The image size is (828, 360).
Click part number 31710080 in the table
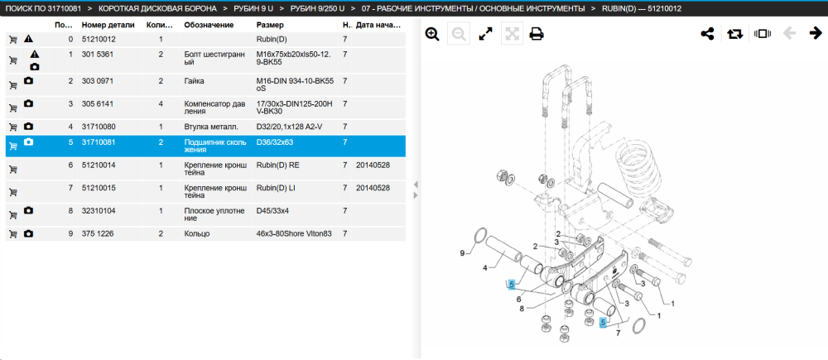pos(99,127)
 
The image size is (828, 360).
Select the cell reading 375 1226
pos(98,233)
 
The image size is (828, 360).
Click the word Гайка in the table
pos(194,81)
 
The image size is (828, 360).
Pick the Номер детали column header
pos(108,25)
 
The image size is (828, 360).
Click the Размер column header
pos(270,25)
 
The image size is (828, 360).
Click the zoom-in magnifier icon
pos(432,34)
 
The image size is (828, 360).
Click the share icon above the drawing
pos(707,34)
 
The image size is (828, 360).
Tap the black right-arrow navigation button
pos(816,34)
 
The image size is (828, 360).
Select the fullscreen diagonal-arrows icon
pos(485,34)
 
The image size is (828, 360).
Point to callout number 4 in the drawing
pos(484,267)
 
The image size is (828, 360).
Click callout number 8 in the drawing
pos(521,309)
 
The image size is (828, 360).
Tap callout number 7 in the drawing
pos(619,333)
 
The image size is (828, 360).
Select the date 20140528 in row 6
pos(373,166)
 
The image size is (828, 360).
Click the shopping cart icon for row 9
pos(13,234)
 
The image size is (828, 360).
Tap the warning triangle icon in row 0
pos(27,39)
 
